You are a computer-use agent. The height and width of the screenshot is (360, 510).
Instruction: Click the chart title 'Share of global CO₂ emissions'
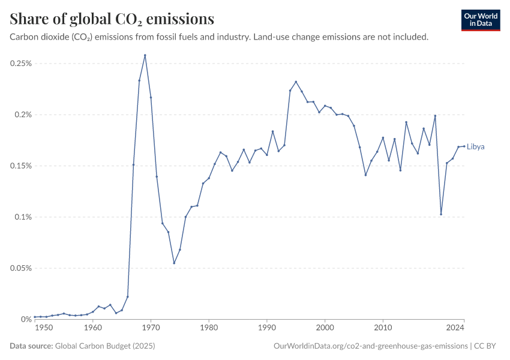pos(112,19)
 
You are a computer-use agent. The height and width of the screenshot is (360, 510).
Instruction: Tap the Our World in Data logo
pos(481,20)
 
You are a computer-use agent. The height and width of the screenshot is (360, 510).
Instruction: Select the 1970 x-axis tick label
pos(151,328)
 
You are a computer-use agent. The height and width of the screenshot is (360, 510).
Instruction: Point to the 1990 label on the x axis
pos(267,328)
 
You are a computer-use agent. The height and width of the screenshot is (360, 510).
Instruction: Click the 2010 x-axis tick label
pos(383,328)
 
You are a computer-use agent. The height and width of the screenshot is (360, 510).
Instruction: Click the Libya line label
pos(476,146)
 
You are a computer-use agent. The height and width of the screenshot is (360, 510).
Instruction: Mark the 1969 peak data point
pos(145,55)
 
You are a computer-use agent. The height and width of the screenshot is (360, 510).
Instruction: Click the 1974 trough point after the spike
pos(174,263)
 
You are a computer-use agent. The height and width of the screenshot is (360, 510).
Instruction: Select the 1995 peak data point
pos(296,82)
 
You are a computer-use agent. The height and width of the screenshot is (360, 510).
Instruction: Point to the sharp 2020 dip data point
pos(441,214)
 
